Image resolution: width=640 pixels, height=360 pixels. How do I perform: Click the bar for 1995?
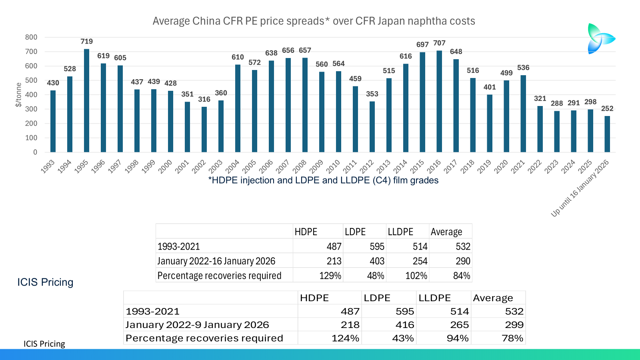pos(86,100)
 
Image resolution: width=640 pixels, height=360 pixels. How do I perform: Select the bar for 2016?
pos(439,101)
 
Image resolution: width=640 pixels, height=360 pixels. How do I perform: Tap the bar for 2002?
pos(204,129)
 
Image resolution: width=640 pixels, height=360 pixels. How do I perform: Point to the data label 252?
pos(607,108)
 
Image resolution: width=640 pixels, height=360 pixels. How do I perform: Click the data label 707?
pos(439,43)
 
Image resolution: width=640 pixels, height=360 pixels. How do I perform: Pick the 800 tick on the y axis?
pos(31,37)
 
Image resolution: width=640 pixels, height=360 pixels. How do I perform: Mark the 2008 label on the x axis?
pos(300,166)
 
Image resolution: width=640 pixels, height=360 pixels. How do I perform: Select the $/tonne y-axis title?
pos(18,95)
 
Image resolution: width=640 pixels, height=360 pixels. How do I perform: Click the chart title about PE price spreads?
pos(314,21)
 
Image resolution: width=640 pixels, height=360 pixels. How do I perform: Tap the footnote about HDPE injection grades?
pos(323,180)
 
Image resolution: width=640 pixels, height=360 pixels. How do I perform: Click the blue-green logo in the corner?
pos(600,38)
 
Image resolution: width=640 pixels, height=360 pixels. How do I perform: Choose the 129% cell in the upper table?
pos(330,276)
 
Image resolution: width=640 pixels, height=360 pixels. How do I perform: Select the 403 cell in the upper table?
pos(376,261)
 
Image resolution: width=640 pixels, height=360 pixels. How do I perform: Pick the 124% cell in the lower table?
pos(345,338)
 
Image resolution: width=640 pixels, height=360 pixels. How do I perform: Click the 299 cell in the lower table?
pos(514,325)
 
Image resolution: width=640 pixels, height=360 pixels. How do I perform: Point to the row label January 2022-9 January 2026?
pos(197,325)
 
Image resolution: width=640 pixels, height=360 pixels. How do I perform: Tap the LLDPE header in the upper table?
pos(400,232)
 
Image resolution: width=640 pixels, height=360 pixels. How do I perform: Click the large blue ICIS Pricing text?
pos(45,282)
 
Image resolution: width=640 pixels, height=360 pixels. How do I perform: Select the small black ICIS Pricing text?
pos(44,344)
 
